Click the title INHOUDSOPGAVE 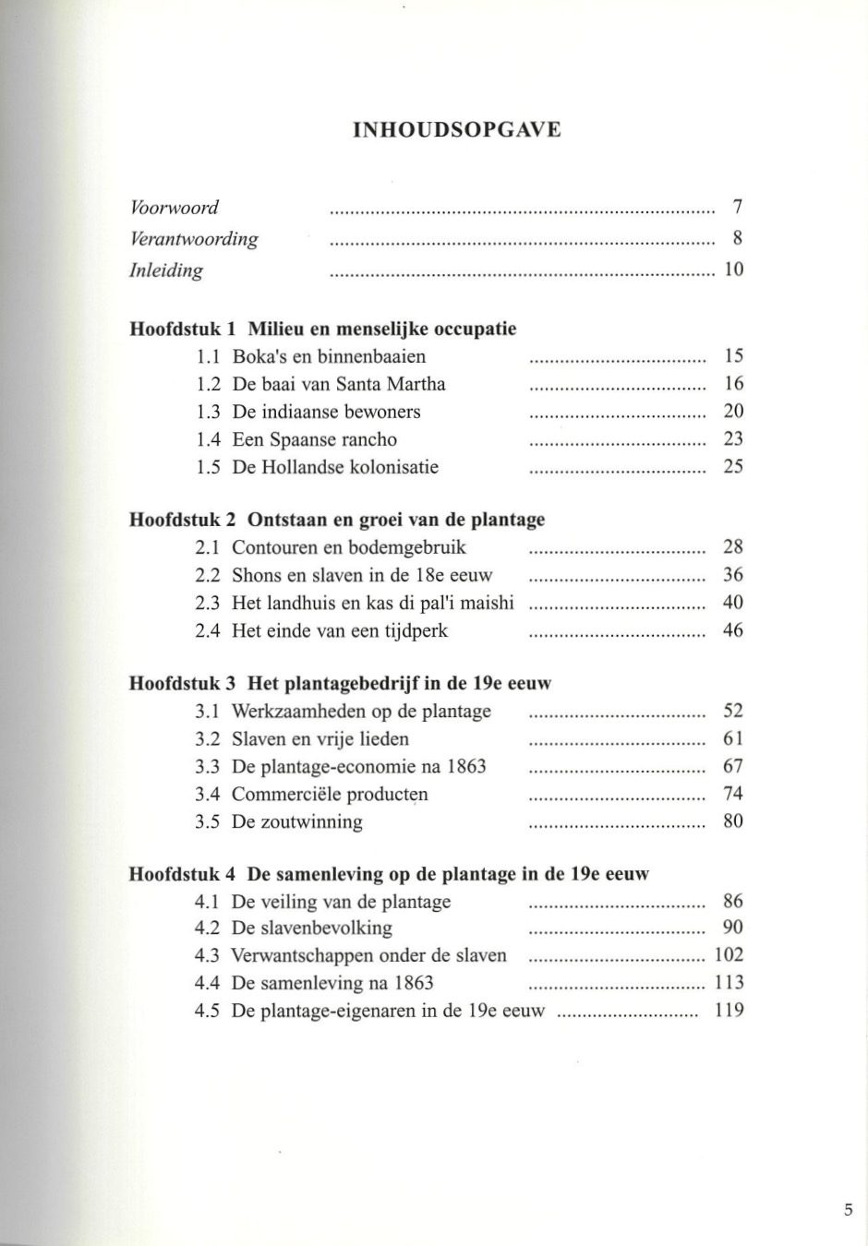(x=456, y=129)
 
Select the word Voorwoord (x=174, y=208)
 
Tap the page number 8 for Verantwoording (x=738, y=238)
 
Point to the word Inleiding (x=165, y=270)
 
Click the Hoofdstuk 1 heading (x=322, y=329)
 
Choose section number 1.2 (x=209, y=384)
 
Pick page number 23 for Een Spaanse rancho (x=733, y=439)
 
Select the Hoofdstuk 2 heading (x=336, y=520)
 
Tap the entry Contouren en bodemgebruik (x=348, y=547)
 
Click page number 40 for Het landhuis (x=733, y=603)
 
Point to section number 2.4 (x=208, y=631)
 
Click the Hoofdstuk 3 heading (x=340, y=684)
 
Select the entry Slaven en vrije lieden (x=319, y=738)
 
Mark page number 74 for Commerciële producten (x=733, y=794)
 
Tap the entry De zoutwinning (x=296, y=821)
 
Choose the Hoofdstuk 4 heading (x=388, y=874)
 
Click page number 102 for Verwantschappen (x=729, y=955)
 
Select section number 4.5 (x=208, y=1011)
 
